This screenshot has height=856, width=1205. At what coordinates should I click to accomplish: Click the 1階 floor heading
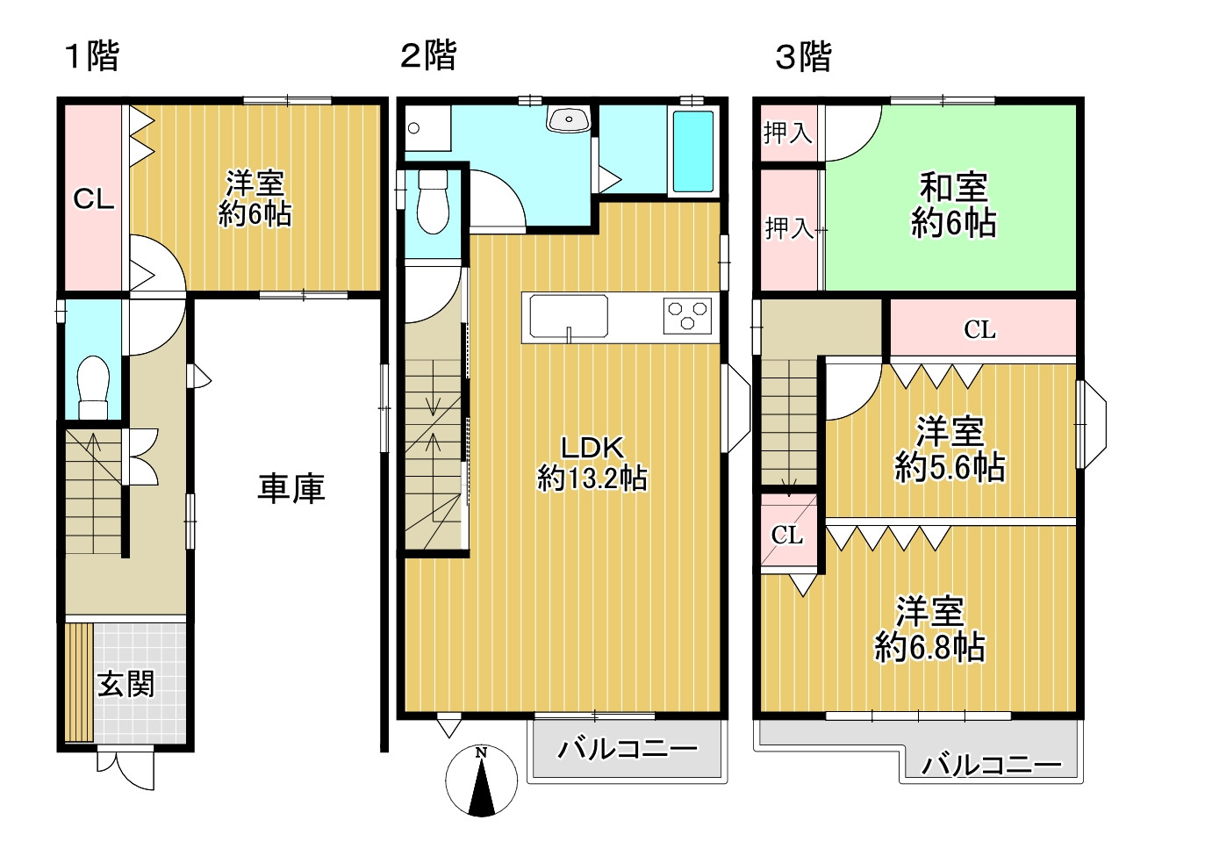[91, 56]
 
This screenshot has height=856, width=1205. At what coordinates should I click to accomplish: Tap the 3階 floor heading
[803, 56]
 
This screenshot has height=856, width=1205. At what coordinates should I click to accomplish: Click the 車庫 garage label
[291, 488]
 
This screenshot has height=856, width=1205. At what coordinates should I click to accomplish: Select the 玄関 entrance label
[126, 684]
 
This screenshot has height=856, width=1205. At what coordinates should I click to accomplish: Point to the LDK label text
[592, 447]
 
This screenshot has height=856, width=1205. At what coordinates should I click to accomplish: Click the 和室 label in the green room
[954, 187]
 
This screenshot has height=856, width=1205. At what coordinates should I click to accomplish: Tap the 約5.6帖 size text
[950, 467]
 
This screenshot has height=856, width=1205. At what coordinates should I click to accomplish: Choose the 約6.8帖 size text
[929, 647]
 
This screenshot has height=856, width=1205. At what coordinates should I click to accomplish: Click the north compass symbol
[481, 780]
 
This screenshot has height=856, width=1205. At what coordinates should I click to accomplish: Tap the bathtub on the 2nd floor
[693, 151]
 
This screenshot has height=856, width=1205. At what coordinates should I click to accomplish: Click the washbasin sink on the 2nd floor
[569, 119]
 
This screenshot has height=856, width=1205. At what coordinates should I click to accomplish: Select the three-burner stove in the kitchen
[687, 315]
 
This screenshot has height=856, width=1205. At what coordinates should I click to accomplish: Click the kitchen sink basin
[569, 316]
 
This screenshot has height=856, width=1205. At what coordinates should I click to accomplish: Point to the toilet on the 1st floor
[94, 387]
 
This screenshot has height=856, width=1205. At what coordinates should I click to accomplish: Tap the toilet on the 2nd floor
[433, 202]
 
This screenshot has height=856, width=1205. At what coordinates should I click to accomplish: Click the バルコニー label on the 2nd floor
[628, 749]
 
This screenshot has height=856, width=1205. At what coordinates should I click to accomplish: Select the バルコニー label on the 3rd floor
[992, 764]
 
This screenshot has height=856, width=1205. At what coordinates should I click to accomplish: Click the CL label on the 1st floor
[94, 198]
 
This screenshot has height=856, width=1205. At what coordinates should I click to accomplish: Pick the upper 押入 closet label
[788, 133]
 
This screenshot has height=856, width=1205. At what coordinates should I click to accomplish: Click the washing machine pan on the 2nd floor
[427, 128]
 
